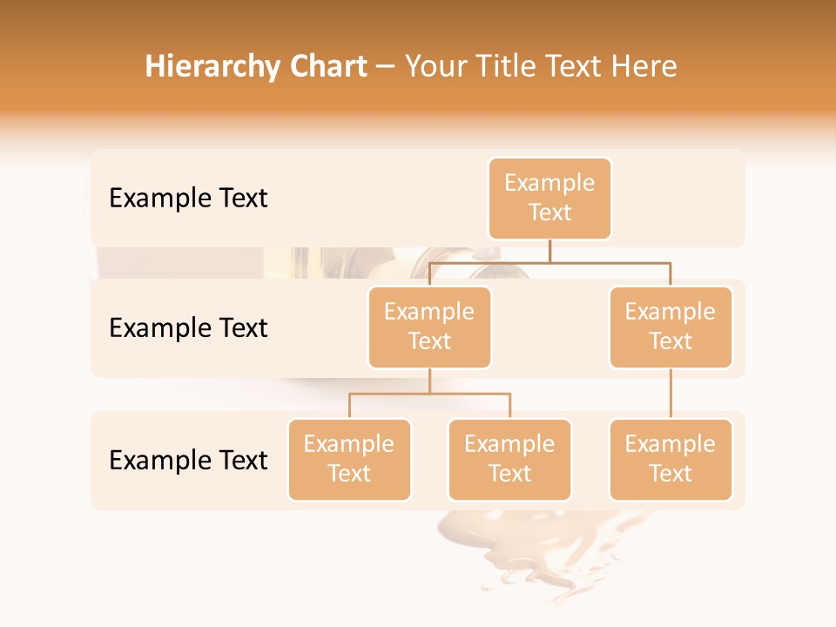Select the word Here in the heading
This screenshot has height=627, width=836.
(x=643, y=66)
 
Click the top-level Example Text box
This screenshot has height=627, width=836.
(x=549, y=199)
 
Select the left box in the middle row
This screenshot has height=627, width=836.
(x=429, y=327)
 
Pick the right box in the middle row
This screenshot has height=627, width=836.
(x=671, y=327)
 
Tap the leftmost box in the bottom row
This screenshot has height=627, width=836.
(x=349, y=460)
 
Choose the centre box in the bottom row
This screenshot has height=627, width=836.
(x=509, y=460)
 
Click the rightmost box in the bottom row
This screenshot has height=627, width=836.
(x=671, y=460)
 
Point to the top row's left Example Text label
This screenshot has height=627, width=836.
(x=188, y=199)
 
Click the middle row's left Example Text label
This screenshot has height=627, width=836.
(x=188, y=328)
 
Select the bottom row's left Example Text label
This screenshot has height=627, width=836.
(x=188, y=461)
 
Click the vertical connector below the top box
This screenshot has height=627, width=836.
(x=549, y=251)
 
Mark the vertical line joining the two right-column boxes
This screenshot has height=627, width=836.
(x=671, y=394)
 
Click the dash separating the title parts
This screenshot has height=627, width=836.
(x=386, y=67)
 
